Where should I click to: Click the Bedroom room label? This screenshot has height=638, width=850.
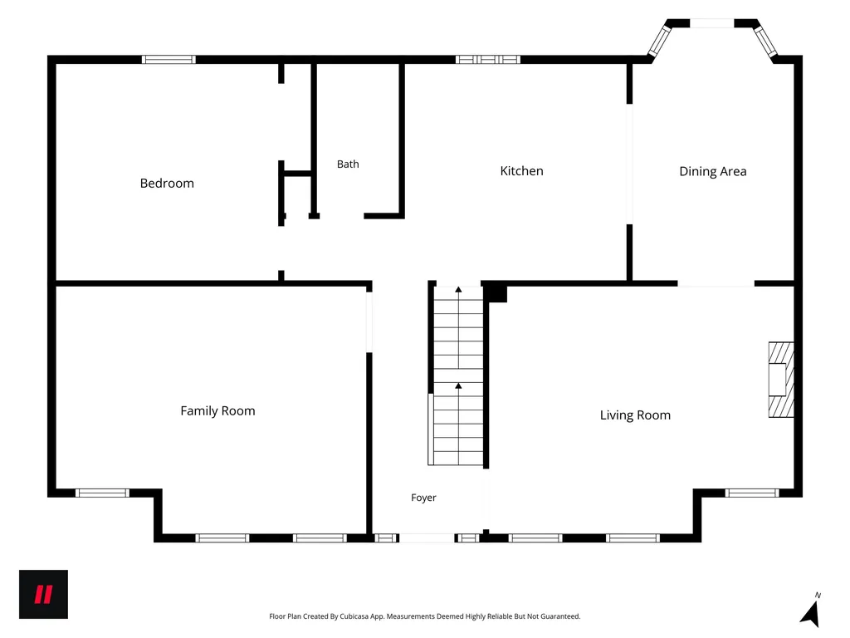[167, 184]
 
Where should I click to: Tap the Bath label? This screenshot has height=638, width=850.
[348, 164]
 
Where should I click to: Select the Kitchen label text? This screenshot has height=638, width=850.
[521, 171]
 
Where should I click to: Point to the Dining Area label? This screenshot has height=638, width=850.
[713, 171]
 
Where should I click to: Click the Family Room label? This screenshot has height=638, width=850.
[218, 410]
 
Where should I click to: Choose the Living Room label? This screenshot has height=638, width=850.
[635, 415]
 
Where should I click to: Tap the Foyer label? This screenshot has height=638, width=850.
[423, 498]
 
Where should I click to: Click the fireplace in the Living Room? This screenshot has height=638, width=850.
[781, 380]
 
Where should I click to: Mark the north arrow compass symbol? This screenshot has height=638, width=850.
[811, 611]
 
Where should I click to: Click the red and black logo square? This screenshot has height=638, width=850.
[43, 594]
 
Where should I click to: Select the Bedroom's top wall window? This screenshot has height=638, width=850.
[169, 60]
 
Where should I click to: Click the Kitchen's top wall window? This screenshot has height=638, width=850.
[488, 60]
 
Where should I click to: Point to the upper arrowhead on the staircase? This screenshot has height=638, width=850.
[458, 290]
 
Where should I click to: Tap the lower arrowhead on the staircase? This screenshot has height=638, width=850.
[458, 385]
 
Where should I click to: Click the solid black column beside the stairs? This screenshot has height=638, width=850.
[495, 293]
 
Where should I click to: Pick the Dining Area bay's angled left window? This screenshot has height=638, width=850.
[660, 40]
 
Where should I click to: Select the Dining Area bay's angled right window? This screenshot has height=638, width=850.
[765, 42]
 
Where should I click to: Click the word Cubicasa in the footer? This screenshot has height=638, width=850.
[354, 616]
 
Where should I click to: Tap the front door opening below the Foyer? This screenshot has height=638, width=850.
[427, 538]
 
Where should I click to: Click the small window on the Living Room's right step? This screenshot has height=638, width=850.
[752, 493]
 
